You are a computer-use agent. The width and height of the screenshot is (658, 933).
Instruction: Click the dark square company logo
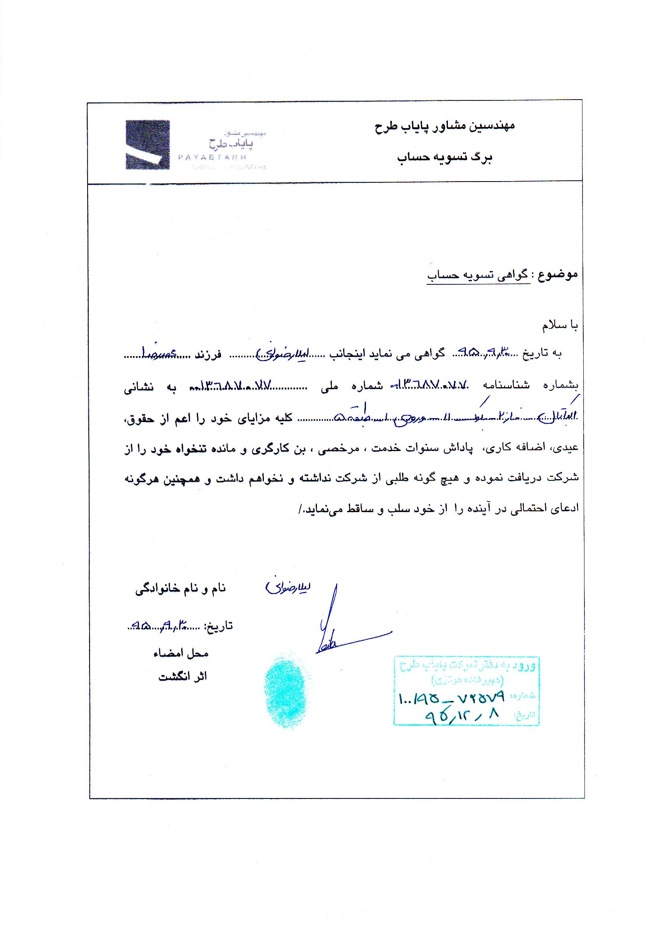(x=147, y=145)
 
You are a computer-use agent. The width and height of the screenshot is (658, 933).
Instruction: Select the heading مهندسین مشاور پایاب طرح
(x=445, y=126)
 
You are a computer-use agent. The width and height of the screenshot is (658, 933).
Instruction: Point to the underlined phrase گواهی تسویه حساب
(x=478, y=276)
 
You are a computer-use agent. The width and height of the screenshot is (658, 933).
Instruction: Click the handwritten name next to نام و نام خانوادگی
(x=288, y=588)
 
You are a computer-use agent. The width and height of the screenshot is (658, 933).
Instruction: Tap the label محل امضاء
(x=181, y=653)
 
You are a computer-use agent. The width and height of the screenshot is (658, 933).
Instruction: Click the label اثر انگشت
(x=182, y=676)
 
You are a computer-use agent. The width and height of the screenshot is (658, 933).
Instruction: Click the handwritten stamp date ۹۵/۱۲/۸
(x=461, y=715)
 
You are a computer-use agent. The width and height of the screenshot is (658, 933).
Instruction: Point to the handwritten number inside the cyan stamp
(x=451, y=698)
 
